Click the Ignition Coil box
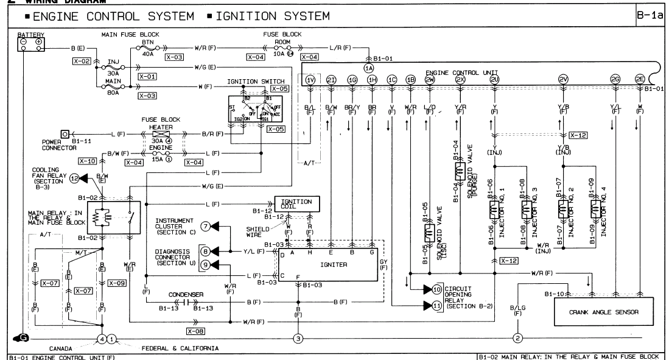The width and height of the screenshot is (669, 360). pyautogui.click(x=296, y=203)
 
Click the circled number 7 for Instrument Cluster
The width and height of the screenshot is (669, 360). pyautogui.click(x=206, y=227)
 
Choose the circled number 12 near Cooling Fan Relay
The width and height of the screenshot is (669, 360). pyautogui.click(x=74, y=178)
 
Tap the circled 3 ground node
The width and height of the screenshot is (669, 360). pyautogui.click(x=298, y=338)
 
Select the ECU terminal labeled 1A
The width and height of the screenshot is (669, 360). pyautogui.click(x=369, y=68)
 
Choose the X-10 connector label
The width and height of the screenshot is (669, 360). pyautogui.click(x=87, y=161)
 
